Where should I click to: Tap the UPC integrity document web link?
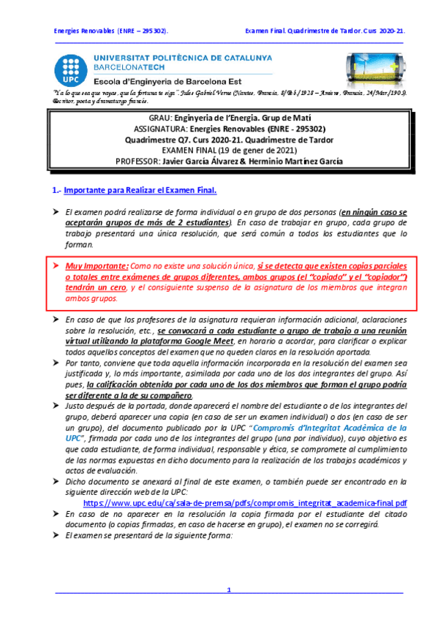pyautogui.click(x=245, y=504)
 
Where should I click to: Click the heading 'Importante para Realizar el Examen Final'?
pyautogui.click(x=140, y=191)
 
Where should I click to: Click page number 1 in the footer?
pyautogui.click(x=228, y=589)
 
